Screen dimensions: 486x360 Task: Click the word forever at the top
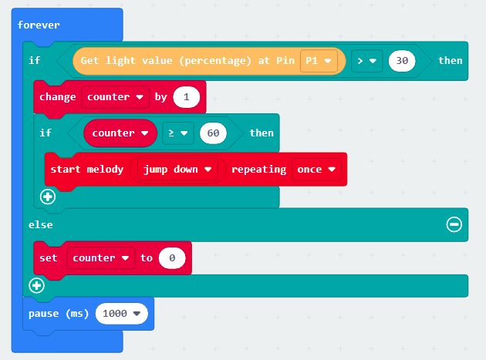point(39,25)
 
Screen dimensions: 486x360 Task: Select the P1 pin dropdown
point(319,61)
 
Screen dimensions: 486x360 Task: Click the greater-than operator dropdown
point(366,61)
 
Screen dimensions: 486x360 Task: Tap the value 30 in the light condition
point(402,61)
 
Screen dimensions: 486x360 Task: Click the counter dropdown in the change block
point(115,97)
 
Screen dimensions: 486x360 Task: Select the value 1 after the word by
point(186,97)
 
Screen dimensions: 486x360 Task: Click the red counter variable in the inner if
point(120,133)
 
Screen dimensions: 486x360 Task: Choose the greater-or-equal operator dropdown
point(178,133)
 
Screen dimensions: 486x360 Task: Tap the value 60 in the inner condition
point(213,133)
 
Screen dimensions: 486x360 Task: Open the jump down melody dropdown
point(177,170)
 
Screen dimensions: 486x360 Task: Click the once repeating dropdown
point(316,170)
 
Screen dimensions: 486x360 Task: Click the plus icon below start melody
point(48,197)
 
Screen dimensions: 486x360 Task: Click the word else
point(41,224)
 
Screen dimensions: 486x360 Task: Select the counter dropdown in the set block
point(101,258)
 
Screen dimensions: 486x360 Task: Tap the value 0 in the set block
point(172,258)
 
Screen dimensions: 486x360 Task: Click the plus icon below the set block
point(36,285)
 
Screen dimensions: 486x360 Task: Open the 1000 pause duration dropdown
point(122,314)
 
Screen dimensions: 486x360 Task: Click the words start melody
point(87,170)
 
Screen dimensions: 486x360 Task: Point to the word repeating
point(258,170)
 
